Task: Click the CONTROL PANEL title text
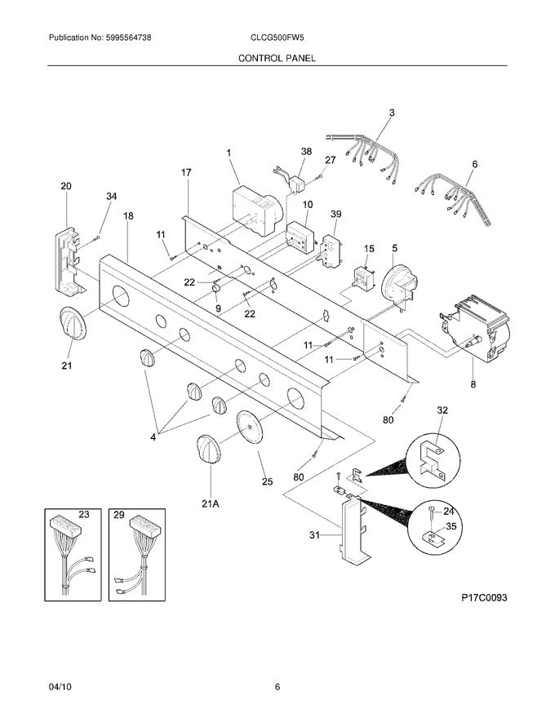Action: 277,59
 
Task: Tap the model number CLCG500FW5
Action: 277,38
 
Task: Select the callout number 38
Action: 306,153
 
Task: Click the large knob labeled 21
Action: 71,326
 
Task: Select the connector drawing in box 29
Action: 136,555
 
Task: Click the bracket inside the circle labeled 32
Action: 430,457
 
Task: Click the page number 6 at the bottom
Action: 277,686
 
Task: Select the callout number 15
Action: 369,248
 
